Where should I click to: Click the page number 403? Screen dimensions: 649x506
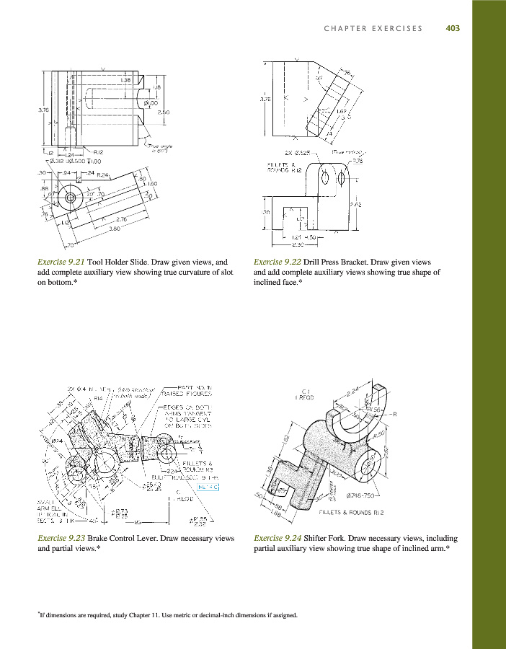[x=453, y=29]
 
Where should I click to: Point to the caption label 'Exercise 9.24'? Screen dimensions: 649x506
[x=277, y=538]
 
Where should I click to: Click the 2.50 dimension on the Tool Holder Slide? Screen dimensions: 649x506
[x=163, y=112]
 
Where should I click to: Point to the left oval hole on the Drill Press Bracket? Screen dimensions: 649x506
[x=323, y=177]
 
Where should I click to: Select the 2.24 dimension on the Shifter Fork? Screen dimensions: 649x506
[x=353, y=393]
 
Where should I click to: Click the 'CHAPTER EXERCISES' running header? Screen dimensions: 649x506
[x=373, y=29]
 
